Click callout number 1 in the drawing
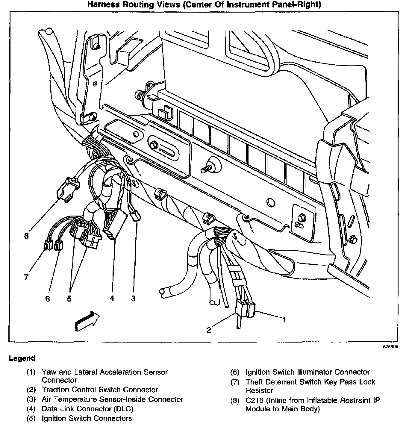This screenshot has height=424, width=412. click(284, 320)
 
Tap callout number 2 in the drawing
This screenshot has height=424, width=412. click(209, 330)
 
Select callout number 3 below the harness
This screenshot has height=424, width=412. click(133, 298)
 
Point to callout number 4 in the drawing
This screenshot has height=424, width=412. click(112, 298)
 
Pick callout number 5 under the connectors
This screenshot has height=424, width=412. click(69, 299)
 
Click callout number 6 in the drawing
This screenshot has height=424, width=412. click(48, 299)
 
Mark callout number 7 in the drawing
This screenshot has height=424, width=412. click(26, 277)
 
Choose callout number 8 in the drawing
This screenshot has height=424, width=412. click(26, 236)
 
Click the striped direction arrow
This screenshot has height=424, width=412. click(87, 321)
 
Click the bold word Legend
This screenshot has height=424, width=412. click(22, 358)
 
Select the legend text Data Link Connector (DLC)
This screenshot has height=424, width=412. click(87, 409)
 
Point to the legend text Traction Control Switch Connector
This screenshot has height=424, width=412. click(100, 390)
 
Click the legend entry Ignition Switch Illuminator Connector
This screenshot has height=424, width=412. click(308, 372)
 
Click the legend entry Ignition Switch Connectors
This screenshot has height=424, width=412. click(87, 418)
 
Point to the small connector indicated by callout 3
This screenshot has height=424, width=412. click(136, 216)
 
